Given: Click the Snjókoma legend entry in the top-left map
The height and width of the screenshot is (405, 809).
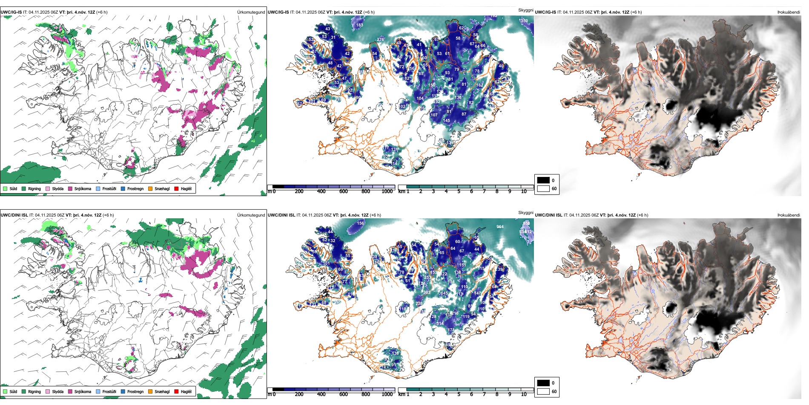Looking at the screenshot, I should point(83,189).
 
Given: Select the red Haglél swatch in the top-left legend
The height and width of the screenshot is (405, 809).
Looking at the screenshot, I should point(176,189).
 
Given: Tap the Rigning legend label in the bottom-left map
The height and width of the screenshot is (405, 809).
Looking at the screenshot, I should point(34,392).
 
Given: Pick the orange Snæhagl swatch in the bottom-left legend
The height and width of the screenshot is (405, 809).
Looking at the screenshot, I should point(150,392).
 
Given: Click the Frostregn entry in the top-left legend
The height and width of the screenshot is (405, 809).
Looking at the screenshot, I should point(135,189).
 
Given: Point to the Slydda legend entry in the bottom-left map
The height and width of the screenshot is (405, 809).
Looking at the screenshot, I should point(57,392).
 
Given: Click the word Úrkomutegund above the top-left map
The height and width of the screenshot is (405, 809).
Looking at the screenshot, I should point(251,12).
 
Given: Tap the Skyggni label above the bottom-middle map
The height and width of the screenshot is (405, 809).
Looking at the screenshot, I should point(525,213).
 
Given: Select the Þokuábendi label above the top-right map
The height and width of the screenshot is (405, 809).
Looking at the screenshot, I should point(789,12).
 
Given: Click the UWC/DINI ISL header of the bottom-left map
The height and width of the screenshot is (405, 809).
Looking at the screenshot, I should point(14,215).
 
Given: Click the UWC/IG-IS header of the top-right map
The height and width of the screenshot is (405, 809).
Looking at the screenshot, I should point(545,12).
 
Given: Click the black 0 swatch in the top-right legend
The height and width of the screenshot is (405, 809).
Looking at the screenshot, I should point(543,180).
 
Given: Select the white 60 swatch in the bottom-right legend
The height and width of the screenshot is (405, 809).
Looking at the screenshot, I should point(543,391).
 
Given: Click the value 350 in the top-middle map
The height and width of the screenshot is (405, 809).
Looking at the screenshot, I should point(524,21).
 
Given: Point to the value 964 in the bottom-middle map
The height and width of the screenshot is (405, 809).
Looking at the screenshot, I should point(500,227).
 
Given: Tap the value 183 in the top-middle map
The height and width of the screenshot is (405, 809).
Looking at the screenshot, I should point(360,25).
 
